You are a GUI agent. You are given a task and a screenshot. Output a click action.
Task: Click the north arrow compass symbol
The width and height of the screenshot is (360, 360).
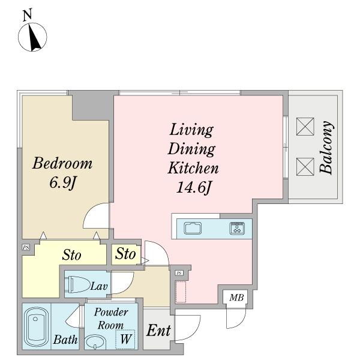click(32, 37)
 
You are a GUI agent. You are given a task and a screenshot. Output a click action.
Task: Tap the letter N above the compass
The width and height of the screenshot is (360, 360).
click(28, 16)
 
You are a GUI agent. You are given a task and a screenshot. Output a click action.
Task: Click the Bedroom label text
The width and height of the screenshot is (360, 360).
click(62, 163)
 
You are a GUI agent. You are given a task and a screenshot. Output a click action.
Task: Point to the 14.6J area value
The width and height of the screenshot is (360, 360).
click(193, 188)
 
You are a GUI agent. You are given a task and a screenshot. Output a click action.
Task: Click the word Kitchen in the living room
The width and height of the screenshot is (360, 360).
click(193, 168)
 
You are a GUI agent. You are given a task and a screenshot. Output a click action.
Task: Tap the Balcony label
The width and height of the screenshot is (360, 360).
click(326, 147)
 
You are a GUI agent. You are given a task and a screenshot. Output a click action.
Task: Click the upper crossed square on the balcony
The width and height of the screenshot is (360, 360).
click(305, 127)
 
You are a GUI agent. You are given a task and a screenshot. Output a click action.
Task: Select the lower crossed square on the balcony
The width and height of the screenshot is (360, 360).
click(305, 167)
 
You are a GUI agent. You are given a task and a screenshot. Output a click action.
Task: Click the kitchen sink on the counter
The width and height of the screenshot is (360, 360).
click(193, 229)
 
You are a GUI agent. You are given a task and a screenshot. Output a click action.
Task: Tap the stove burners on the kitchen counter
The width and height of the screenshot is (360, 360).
click(237, 228)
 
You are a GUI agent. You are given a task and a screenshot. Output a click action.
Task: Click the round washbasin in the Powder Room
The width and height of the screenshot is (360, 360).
click(95, 342)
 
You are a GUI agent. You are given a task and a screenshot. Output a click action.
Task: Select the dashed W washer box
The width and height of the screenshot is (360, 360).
click(125, 339)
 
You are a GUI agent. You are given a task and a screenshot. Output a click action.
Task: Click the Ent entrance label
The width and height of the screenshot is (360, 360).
click(158, 331)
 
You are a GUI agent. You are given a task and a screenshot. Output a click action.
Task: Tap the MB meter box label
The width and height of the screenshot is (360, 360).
click(236, 298)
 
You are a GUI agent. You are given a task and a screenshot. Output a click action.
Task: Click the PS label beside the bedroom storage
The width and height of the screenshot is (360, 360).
click(26, 247)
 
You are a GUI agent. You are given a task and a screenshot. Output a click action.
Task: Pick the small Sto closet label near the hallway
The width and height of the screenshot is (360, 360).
click(125, 254)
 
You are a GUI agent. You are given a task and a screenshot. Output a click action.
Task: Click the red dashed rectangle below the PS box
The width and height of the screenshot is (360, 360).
click(181, 292)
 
